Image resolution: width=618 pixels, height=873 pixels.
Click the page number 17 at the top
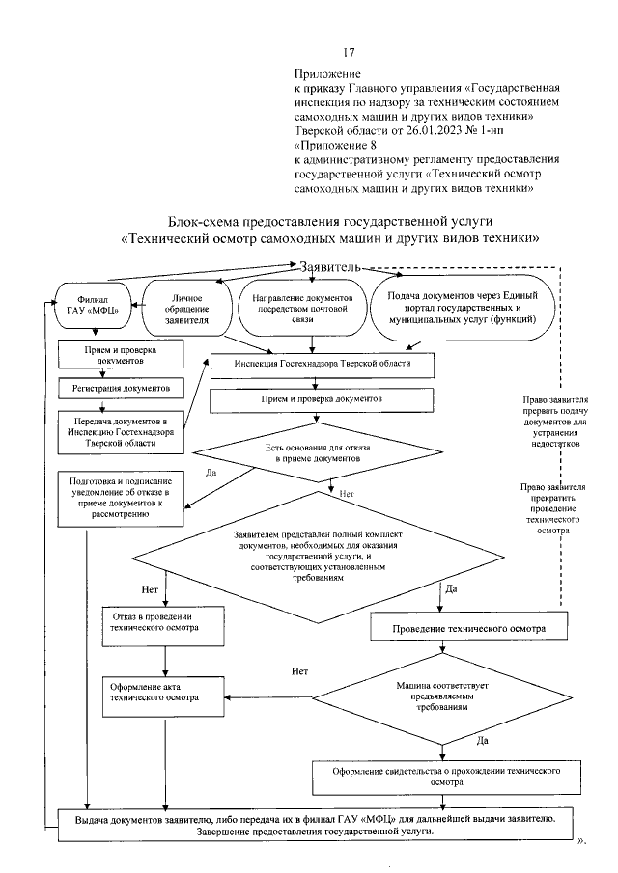click(349, 52)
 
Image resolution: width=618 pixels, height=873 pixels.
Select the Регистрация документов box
click(121, 387)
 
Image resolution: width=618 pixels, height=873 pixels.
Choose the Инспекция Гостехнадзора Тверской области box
click(324, 364)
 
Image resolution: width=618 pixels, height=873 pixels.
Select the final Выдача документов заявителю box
click(315, 823)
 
